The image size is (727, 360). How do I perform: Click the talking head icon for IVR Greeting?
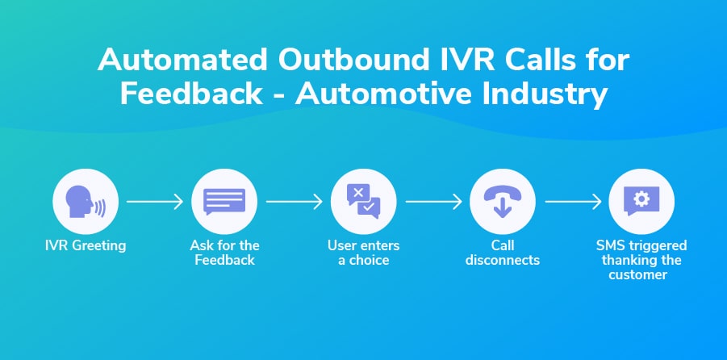point(85,201)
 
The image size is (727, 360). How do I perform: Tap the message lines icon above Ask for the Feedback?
point(224,201)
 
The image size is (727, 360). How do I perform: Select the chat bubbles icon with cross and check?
point(363,201)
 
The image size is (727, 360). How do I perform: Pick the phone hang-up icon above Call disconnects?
point(503,201)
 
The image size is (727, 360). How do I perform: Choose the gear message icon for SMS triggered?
point(641,201)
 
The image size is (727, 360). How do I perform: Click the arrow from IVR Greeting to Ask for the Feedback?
point(155,201)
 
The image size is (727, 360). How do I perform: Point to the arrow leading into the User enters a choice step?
point(294,201)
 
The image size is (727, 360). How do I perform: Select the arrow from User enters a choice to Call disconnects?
point(433,201)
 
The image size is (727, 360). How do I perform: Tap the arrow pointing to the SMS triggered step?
point(572,201)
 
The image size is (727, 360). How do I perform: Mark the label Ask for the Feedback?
point(224,253)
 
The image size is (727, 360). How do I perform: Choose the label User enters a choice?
point(363,253)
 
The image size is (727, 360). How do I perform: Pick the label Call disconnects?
point(503,253)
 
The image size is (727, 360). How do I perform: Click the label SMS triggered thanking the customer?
point(641,260)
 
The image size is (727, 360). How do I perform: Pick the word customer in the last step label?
point(641,274)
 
